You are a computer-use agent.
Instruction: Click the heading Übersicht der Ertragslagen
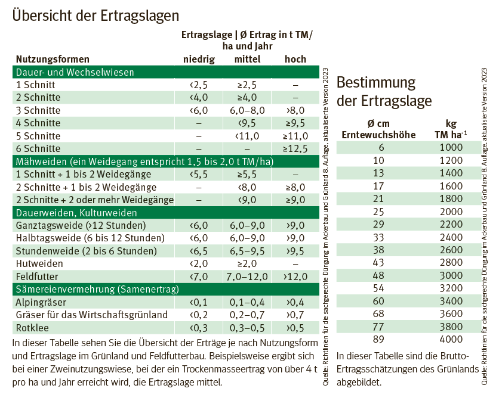coord(96,14)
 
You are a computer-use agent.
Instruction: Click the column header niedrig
coord(198,59)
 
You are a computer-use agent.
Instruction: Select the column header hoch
coord(295,59)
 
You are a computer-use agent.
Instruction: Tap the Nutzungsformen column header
coord(53,59)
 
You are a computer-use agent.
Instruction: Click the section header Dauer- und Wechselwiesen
coord(75,72)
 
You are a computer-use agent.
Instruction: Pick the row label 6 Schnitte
coord(38,148)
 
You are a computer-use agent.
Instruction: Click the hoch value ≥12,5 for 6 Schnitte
coord(295,148)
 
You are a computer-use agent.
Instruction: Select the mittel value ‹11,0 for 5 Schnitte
coord(246,136)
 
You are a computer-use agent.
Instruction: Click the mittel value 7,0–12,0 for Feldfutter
coord(246,276)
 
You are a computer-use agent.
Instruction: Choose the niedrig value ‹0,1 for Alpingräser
coord(198,302)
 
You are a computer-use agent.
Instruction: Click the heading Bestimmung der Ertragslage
coord(384,91)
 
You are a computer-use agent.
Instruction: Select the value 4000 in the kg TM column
coord(451,340)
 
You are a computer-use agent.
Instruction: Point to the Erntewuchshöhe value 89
coord(379,340)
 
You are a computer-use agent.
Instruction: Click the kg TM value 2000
coord(451,212)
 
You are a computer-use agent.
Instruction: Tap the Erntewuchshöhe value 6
coord(379,148)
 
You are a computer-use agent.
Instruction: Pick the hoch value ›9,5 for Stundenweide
coord(295,251)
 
